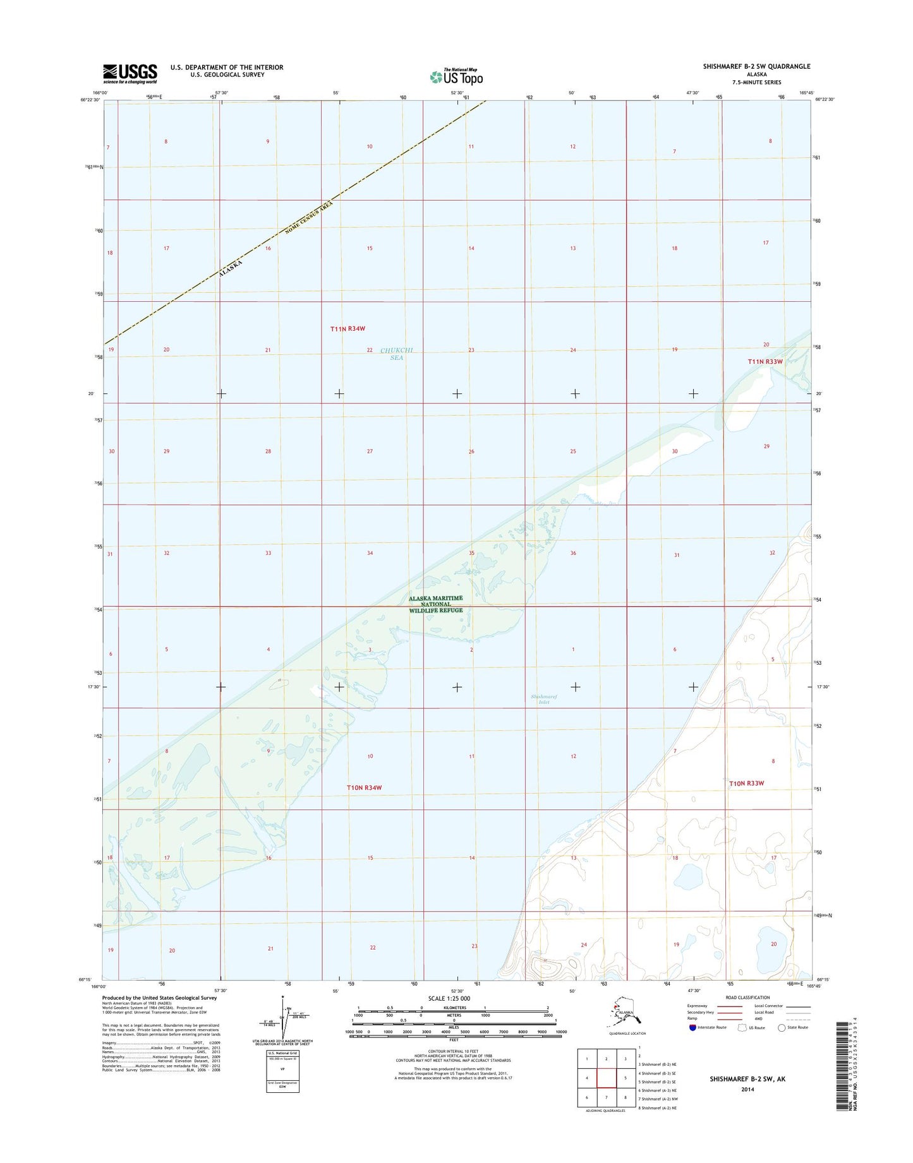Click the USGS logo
click(130, 73)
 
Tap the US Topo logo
click(456, 76)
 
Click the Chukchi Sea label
click(397, 354)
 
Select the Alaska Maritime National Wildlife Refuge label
click(435, 604)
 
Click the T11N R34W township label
click(348, 328)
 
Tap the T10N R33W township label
click(746, 783)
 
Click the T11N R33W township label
click(765, 362)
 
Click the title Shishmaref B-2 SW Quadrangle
click(756, 66)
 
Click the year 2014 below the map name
click(747, 1089)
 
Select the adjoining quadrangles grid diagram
click(606, 1078)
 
